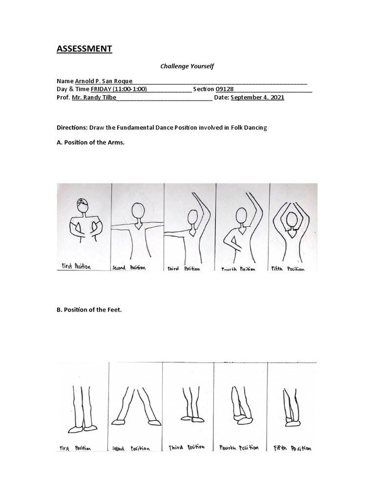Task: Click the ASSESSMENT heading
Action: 84,48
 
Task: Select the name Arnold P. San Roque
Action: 103,81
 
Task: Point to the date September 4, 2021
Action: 257,98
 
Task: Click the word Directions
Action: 72,127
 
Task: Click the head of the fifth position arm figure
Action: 292,220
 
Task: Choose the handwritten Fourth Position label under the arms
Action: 238,269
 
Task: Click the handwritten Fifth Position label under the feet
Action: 291,448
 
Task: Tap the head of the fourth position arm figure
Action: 241,215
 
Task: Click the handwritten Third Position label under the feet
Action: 187,447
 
